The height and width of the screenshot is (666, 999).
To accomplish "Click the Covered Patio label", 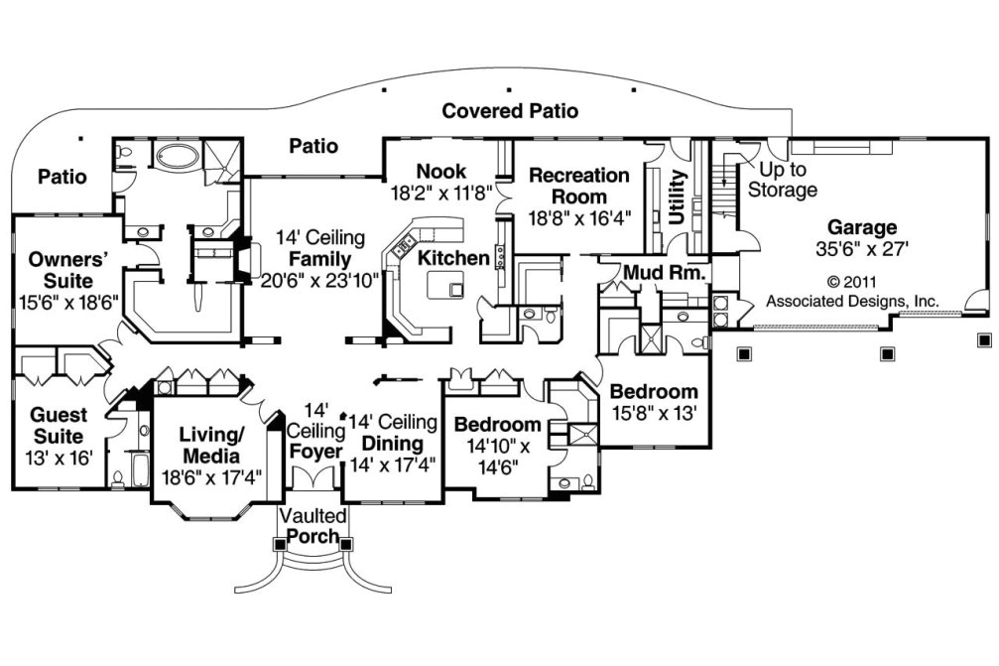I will [510, 110].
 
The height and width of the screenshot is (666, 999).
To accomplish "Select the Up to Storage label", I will [783, 180].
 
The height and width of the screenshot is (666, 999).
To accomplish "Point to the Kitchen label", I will [453, 258].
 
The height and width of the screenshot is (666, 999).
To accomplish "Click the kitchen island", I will [444, 286].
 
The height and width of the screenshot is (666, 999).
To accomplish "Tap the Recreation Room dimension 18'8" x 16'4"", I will [579, 216].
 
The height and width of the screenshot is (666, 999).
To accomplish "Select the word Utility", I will [679, 200].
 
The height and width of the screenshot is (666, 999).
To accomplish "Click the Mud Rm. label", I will [664, 271].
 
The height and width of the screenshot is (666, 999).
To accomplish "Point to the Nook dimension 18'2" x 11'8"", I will [441, 194].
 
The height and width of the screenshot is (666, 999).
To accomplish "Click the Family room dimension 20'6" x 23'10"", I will [320, 281].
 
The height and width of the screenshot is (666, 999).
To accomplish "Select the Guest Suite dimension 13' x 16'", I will [57, 458].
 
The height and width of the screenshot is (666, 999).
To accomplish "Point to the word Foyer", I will [314, 452].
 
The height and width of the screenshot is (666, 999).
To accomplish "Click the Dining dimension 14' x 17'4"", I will [394, 464].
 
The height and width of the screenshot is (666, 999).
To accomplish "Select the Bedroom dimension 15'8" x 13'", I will [654, 412].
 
